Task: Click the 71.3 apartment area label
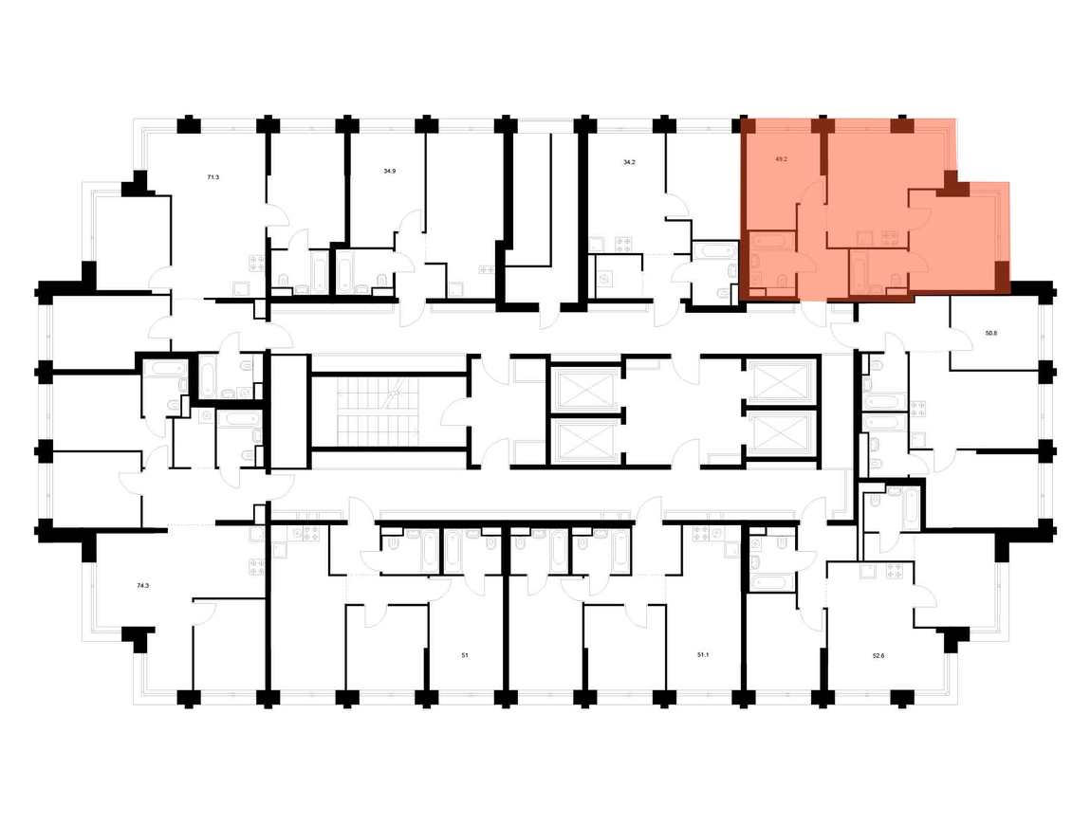pyautogui.click(x=213, y=177)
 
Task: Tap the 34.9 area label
pyautogui.click(x=390, y=171)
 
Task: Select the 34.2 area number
pyautogui.click(x=629, y=162)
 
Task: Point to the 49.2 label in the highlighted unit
pyautogui.click(x=781, y=158)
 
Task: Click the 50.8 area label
pyautogui.click(x=990, y=333)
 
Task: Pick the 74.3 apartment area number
pyautogui.click(x=142, y=586)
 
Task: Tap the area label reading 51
pyautogui.click(x=465, y=655)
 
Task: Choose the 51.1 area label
pyautogui.click(x=703, y=655)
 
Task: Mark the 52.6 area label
pyautogui.click(x=878, y=656)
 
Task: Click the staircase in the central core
pyautogui.click(x=379, y=412)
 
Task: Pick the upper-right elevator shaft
pyautogui.click(x=780, y=382)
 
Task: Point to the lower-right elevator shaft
pyautogui.click(x=780, y=434)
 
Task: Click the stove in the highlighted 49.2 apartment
pyautogui.click(x=891, y=239)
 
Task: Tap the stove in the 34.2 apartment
pyautogui.click(x=624, y=245)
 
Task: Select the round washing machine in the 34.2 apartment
pyautogui.click(x=604, y=279)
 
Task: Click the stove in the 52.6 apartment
pyautogui.click(x=894, y=572)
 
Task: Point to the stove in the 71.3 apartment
pyautogui.click(x=257, y=263)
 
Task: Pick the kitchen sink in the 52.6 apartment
pyautogui.click(x=868, y=572)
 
